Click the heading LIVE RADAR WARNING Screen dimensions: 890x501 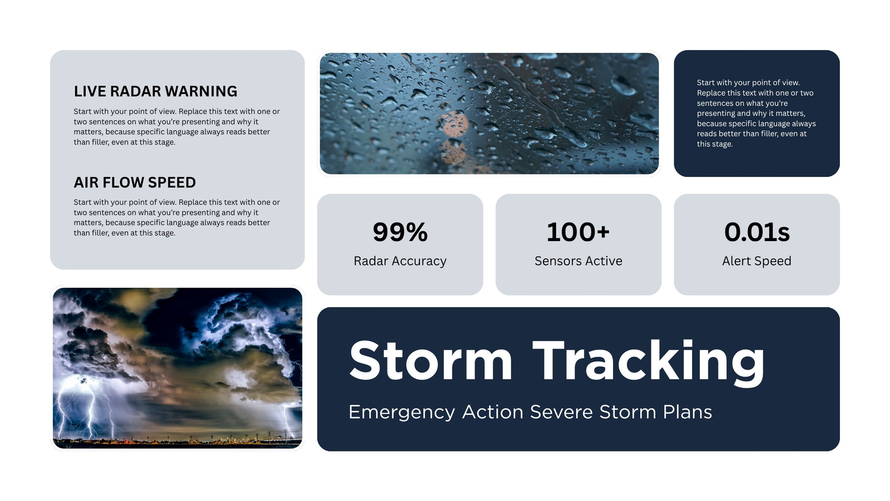(155, 91)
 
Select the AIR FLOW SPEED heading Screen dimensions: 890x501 (135, 183)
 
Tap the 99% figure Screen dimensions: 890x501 (400, 232)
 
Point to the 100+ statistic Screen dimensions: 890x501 (578, 232)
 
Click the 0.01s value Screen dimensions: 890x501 (757, 232)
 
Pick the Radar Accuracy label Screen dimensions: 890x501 (400, 261)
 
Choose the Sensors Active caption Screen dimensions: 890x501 (578, 261)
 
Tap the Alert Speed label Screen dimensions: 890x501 (757, 261)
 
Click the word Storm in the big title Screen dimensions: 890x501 (431, 361)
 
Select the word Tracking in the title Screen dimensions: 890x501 (649, 362)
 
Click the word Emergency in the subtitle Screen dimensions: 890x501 (402, 412)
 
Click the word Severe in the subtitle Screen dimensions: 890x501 (561, 412)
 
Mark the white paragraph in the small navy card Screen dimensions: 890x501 (756, 114)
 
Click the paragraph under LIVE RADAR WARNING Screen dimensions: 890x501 (177, 126)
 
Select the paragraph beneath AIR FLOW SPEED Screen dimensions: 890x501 (177, 218)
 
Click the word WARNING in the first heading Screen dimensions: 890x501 (201, 91)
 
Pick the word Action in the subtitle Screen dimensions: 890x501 (493, 412)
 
